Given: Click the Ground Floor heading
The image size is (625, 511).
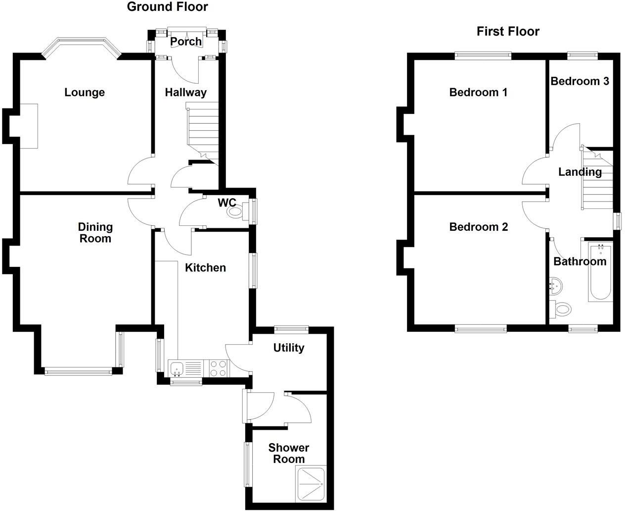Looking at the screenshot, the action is pyautogui.click(x=167, y=7).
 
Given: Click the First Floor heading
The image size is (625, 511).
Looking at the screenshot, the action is pyautogui.click(x=508, y=32).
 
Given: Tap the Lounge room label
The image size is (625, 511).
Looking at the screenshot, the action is pyautogui.click(x=85, y=92).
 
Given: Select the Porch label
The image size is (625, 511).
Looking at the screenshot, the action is pyautogui.click(x=186, y=42).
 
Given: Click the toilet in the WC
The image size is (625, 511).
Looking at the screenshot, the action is pyautogui.click(x=237, y=211).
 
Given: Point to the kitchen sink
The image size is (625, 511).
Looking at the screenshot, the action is pyautogui.click(x=177, y=369).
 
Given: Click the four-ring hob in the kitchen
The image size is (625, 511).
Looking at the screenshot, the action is pyautogui.click(x=219, y=368).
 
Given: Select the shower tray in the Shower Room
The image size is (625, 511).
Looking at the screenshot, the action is pyautogui.click(x=311, y=483).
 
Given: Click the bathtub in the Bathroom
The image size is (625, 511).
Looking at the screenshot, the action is pyautogui.click(x=600, y=272).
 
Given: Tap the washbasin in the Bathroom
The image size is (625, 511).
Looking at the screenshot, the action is pyautogui.click(x=555, y=287).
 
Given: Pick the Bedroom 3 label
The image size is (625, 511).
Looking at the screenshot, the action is pyautogui.click(x=580, y=81).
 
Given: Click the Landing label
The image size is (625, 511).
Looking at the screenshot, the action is pyautogui.click(x=580, y=172).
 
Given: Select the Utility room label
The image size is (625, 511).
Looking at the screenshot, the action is pyautogui.click(x=289, y=348).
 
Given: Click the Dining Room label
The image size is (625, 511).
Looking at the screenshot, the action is pyautogui.click(x=95, y=233).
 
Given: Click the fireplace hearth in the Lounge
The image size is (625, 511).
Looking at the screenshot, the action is pyautogui.click(x=29, y=126).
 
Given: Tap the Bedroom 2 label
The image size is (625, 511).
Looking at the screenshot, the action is pyautogui.click(x=479, y=227).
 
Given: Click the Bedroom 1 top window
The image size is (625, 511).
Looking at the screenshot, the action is pyautogui.click(x=483, y=56).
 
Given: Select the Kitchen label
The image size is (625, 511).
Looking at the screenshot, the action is pyautogui.click(x=205, y=268).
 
